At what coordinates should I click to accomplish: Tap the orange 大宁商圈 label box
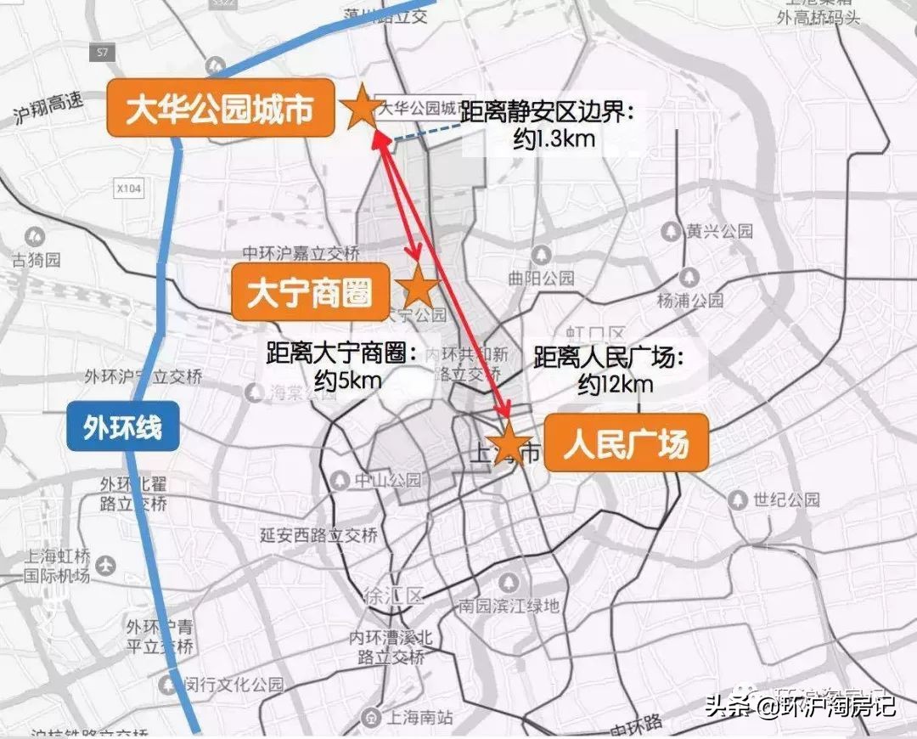tap(310, 291)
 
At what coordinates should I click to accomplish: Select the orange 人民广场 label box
tap(626, 443)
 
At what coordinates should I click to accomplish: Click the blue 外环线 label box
tap(122, 426)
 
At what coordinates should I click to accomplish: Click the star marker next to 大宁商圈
tap(418, 288)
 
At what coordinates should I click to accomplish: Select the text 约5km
tap(347, 380)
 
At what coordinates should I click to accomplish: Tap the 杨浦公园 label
tap(690, 300)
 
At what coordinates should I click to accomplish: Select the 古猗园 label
tap(36, 258)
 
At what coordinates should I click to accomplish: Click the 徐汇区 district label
tap(392, 595)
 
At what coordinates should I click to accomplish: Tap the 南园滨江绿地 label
tap(509, 606)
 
